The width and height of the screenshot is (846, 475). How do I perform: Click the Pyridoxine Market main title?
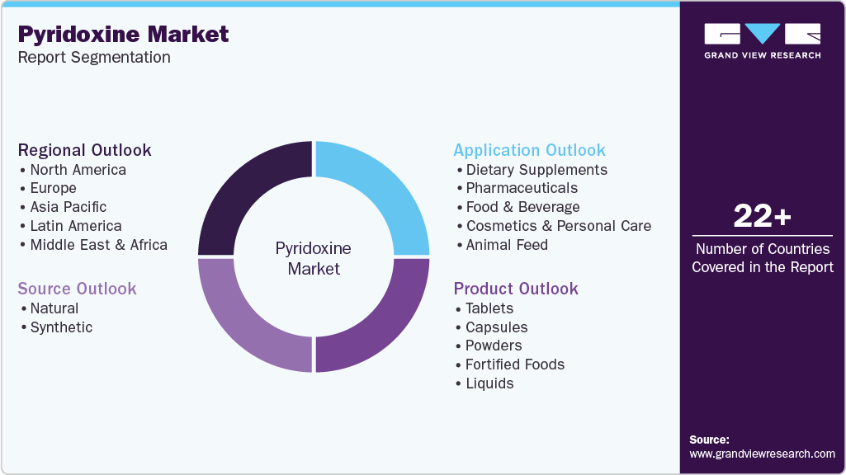click(x=124, y=34)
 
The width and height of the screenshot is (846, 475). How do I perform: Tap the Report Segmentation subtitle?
click(x=94, y=58)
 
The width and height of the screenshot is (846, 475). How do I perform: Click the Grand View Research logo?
click(x=762, y=40)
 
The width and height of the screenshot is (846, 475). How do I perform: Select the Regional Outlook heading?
click(x=85, y=150)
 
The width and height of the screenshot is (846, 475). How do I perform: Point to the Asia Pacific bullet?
click(x=69, y=207)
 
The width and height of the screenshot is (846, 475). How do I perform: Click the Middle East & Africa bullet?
click(x=98, y=245)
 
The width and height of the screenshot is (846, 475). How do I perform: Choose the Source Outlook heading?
click(x=77, y=289)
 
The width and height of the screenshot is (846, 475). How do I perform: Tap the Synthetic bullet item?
click(x=61, y=327)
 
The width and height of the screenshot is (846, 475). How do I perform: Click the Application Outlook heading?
click(x=529, y=150)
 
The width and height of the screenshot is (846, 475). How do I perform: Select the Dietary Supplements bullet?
click(x=536, y=170)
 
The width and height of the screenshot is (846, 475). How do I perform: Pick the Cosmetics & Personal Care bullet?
click(x=558, y=226)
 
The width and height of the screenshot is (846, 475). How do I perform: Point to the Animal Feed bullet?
click(x=507, y=245)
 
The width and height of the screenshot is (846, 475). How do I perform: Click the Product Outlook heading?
click(x=516, y=289)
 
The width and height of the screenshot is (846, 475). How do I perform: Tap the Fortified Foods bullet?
click(x=515, y=364)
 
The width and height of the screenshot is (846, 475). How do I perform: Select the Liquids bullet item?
click(x=489, y=383)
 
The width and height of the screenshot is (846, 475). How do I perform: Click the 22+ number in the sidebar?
click(x=762, y=216)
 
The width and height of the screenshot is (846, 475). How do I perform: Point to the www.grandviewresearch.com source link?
click(x=762, y=454)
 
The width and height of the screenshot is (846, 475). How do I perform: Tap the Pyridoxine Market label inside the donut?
click(x=314, y=258)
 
